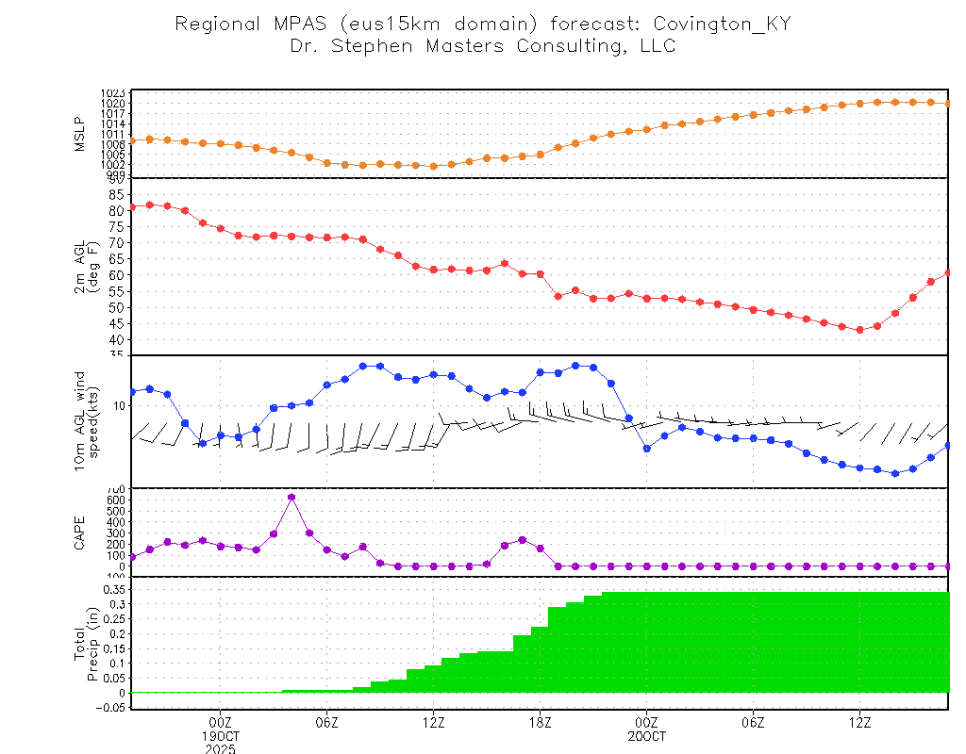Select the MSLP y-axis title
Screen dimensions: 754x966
point(79,133)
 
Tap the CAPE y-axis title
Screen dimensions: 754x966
point(79,532)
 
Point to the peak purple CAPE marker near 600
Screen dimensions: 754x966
point(291,497)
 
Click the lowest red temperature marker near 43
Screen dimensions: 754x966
point(859,330)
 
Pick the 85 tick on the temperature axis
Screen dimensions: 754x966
point(116,194)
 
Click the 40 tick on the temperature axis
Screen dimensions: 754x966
point(116,339)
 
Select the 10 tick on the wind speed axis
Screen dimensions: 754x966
point(119,405)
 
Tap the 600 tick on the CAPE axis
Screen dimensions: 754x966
point(113,500)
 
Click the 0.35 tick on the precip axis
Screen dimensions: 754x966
point(112,589)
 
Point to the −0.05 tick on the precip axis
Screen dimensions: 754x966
point(109,708)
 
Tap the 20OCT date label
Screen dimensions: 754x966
point(646,735)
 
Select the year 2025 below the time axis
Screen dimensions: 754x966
point(221,748)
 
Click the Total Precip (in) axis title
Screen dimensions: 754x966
point(86,643)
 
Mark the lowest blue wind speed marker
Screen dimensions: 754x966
point(895,473)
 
